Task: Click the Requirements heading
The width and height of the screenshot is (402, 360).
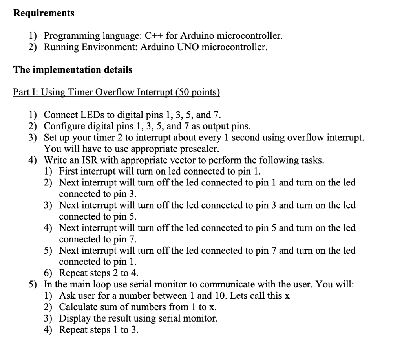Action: pyautogui.click(x=44, y=13)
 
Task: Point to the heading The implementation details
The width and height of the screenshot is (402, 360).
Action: pyautogui.click(x=73, y=70)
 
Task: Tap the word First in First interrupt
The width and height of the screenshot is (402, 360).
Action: pyautogui.click(x=68, y=171)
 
